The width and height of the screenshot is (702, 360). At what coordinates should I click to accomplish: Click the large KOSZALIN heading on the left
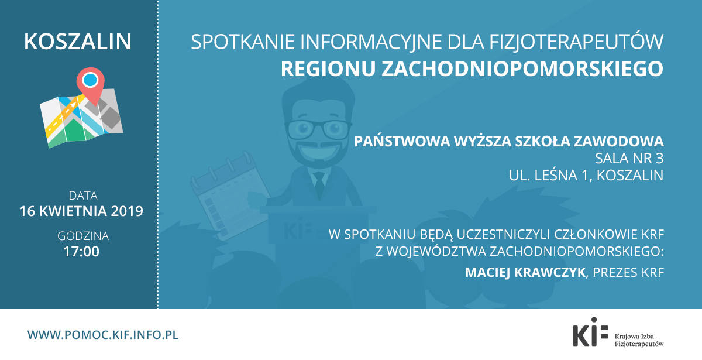pos(78,42)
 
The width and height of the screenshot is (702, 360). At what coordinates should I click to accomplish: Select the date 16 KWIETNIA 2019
pos(81,211)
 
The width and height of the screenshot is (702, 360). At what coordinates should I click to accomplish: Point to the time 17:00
pos(81,252)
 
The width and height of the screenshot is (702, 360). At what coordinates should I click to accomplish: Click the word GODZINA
pos(83,236)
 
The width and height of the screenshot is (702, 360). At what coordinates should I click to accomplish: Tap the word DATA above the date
pos(83,196)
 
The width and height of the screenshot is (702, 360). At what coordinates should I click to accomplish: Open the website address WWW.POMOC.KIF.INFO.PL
pos(103,335)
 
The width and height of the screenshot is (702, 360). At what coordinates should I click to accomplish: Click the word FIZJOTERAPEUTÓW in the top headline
pos(576,42)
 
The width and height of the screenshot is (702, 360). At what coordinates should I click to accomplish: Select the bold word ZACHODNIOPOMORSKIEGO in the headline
pos(522,68)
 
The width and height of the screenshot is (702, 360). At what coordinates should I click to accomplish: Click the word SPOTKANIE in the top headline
pos(243,42)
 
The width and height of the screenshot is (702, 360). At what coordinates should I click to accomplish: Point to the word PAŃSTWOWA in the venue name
pos(402,141)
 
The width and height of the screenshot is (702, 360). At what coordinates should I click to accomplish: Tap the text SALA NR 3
pos(629,159)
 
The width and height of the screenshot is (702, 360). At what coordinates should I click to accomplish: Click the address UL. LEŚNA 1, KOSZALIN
pos(586,175)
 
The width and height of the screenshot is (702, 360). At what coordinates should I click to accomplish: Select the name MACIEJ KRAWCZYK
pos(525,272)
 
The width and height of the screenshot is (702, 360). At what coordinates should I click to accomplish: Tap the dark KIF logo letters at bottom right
pos(590,332)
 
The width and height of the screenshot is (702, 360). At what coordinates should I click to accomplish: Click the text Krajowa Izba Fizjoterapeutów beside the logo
pos(639,340)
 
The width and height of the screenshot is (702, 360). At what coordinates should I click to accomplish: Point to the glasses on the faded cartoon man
pos(318,129)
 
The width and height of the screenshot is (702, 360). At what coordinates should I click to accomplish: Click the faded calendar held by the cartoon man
pos(229,196)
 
